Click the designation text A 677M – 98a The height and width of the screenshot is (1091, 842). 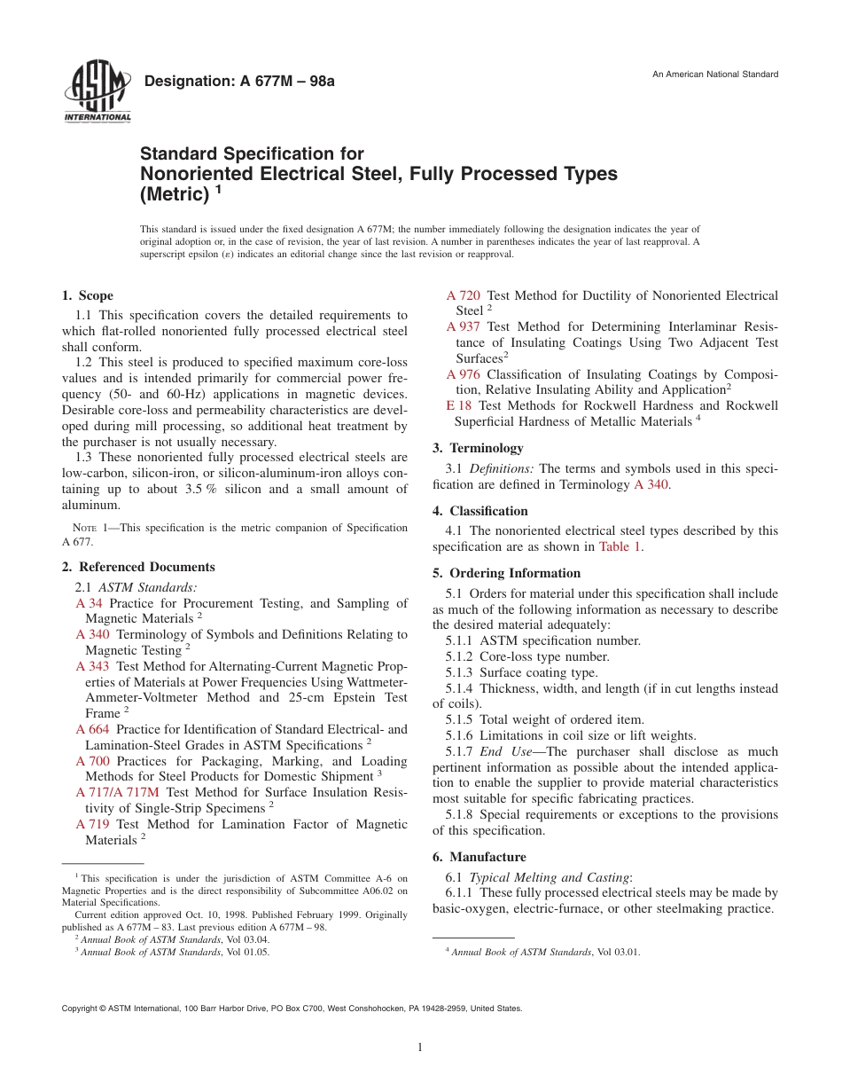[x=239, y=82]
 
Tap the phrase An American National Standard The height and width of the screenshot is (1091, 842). [x=715, y=75]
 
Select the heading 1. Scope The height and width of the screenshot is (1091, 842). [x=88, y=295]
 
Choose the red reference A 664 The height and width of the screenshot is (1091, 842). [x=93, y=729]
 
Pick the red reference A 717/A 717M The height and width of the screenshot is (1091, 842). [x=118, y=792]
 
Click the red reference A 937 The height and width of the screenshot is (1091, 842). [x=464, y=326]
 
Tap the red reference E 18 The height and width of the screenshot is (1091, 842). [x=459, y=405]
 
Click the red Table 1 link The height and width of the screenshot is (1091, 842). [x=620, y=546]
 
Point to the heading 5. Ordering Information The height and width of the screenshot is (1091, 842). [x=506, y=573]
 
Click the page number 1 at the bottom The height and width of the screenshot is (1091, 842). [x=420, y=1048]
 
